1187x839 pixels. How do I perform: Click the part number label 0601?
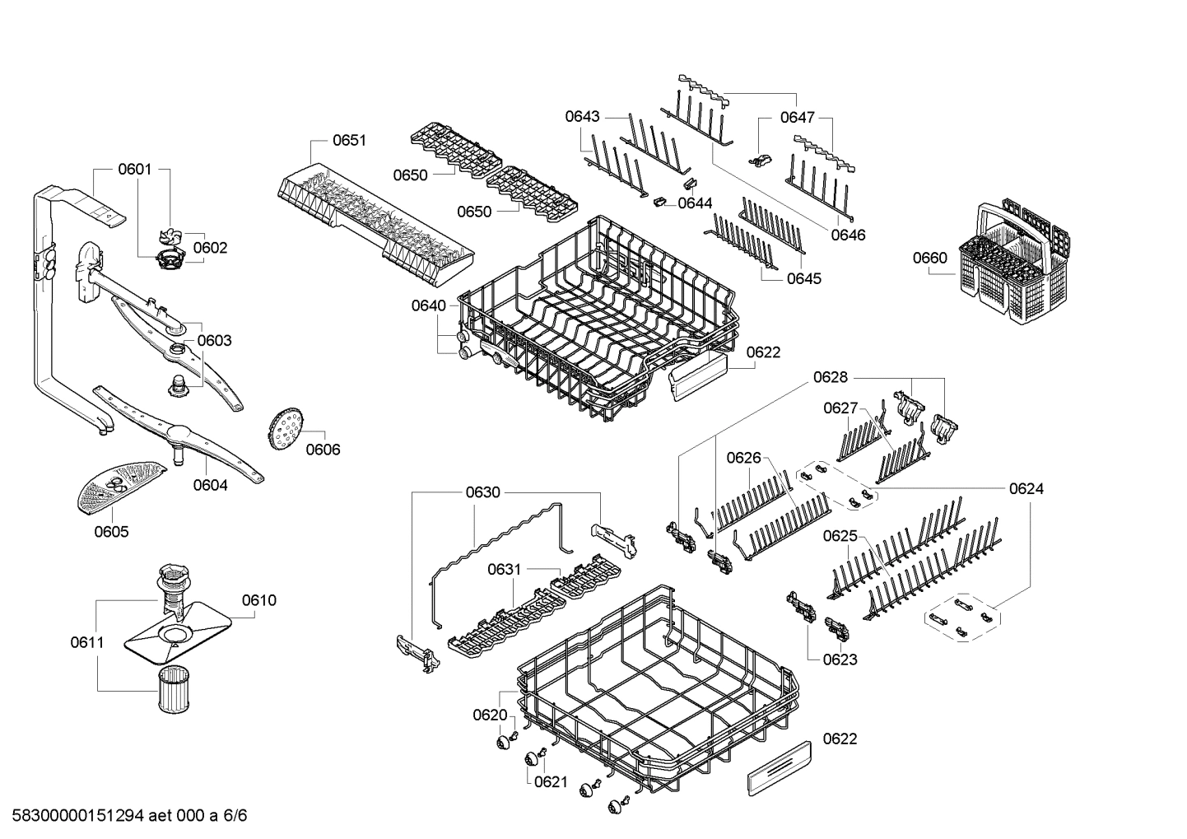click(x=134, y=170)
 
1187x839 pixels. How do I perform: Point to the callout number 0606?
click(x=323, y=450)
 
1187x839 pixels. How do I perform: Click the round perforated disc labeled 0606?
click(x=286, y=429)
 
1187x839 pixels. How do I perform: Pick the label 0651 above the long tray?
click(x=349, y=141)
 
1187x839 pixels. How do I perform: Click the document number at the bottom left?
click(x=123, y=816)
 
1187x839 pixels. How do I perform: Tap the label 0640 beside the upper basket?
click(x=429, y=306)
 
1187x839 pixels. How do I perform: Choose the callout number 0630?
click(x=482, y=492)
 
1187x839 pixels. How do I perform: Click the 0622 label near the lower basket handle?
click(x=840, y=739)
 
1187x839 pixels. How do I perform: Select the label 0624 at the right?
click(x=1026, y=489)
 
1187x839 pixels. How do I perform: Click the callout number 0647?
click(x=797, y=118)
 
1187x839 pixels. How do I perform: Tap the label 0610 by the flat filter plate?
click(x=259, y=600)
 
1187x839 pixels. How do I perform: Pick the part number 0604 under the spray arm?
click(x=210, y=485)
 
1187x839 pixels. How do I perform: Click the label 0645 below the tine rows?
click(x=803, y=278)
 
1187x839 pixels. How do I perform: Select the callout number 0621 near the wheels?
click(x=551, y=781)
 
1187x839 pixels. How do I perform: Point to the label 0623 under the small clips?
click(x=840, y=659)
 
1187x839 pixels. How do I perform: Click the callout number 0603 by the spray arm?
click(x=214, y=340)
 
